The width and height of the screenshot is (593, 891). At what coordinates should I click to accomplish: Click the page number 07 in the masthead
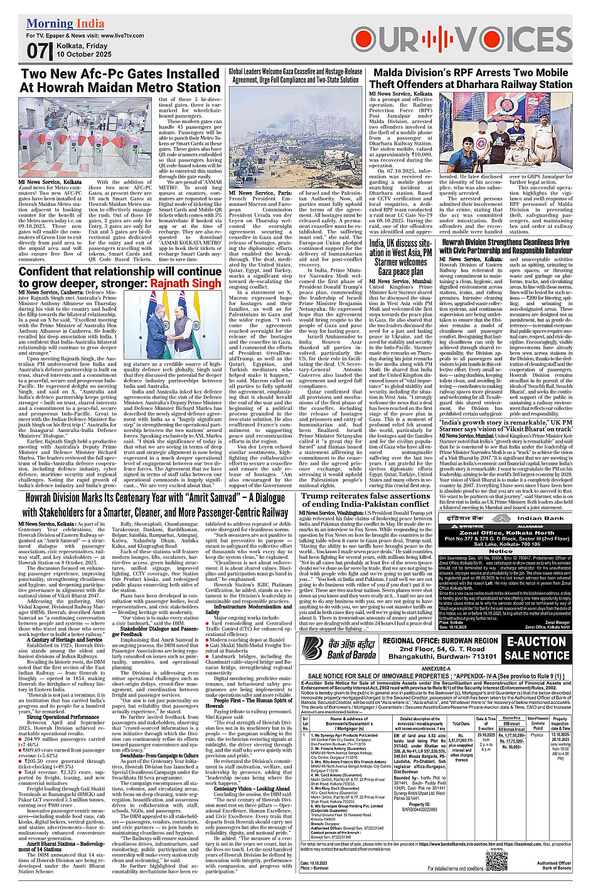pyautogui.click(x=37, y=50)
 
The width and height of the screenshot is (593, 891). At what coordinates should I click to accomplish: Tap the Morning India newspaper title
pyautogui.click(x=65, y=24)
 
